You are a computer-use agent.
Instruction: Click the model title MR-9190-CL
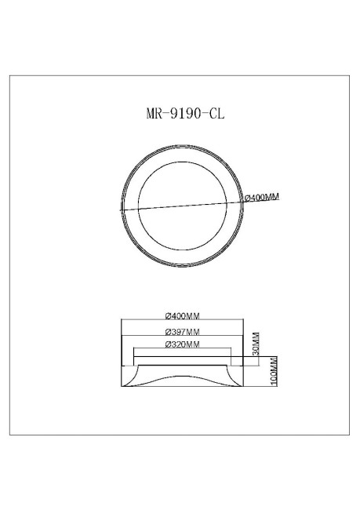tap(180, 113)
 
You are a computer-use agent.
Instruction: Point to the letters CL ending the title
tap(216, 113)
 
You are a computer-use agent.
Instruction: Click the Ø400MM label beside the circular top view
tap(262, 197)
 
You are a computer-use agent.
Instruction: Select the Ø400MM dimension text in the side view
tap(182, 316)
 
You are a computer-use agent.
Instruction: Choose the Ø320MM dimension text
tap(182, 344)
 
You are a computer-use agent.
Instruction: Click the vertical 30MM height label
tap(256, 342)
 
